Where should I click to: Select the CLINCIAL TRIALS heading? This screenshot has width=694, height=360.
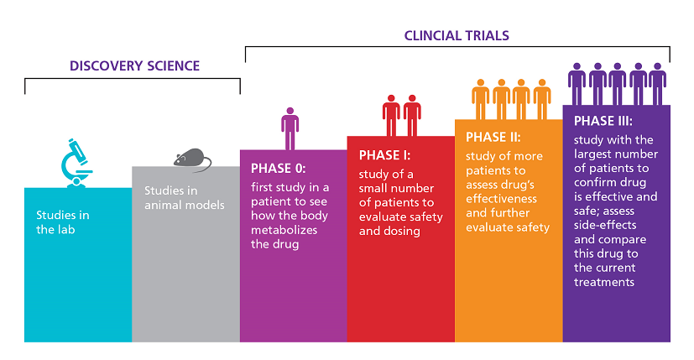point(457,35)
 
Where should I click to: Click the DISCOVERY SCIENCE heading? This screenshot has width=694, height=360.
point(134,65)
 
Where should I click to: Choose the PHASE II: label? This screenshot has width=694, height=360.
point(493,137)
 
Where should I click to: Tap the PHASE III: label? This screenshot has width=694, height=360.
point(603,120)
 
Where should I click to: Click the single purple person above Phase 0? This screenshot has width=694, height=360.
point(290,128)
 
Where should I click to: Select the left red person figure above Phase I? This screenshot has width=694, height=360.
point(391,115)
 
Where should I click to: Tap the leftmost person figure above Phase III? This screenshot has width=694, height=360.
point(577,83)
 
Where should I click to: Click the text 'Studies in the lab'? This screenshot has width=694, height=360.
point(63,222)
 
